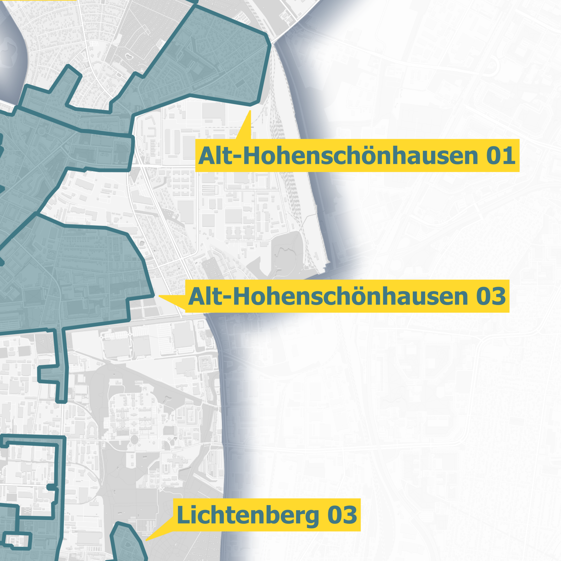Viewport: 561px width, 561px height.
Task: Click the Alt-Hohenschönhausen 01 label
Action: (357, 156)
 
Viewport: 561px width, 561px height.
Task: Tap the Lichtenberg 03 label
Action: (266, 515)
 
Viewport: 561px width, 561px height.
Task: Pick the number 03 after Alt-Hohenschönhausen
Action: (491, 296)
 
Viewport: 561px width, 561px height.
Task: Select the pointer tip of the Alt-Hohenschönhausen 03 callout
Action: (159, 296)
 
